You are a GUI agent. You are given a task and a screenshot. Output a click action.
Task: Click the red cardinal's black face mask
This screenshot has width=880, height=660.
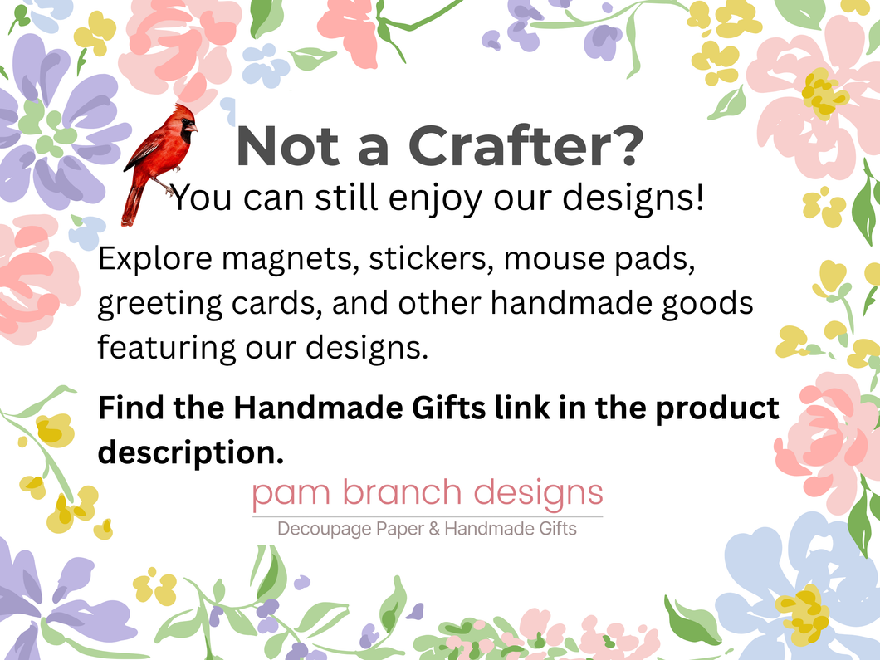pyautogui.click(x=186, y=133)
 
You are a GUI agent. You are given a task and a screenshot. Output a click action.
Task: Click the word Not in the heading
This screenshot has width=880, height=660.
pyautogui.click(x=288, y=146)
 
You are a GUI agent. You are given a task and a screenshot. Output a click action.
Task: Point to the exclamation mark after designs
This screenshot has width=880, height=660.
pyautogui.click(x=699, y=197)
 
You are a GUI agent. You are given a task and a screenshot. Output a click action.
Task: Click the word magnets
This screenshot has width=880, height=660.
pyautogui.click(x=291, y=260)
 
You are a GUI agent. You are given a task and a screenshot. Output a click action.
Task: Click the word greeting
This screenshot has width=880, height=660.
pyautogui.click(x=159, y=305)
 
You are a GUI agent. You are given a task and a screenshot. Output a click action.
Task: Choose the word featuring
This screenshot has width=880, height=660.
pyautogui.click(x=167, y=348)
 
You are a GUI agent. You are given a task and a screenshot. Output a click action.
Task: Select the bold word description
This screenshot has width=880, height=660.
pyautogui.click(x=191, y=453)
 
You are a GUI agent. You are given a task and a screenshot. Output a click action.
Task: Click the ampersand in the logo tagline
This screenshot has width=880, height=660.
pyautogui.click(x=434, y=529)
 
